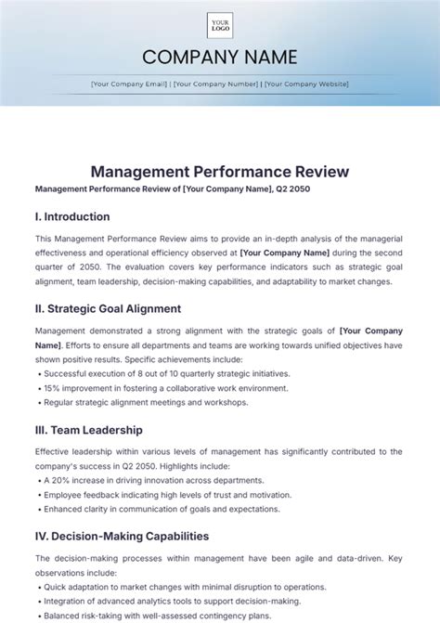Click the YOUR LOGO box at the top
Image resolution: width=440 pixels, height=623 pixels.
coord(220,25)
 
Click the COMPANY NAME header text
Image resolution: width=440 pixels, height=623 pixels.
coord(220,58)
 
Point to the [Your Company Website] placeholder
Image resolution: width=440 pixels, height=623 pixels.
coord(306,84)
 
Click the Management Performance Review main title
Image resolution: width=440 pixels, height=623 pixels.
coord(220,172)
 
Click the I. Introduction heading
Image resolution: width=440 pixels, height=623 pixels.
coord(72,216)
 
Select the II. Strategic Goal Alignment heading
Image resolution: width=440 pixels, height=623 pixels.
coord(108,308)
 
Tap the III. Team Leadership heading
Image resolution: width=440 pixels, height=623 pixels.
coord(88,430)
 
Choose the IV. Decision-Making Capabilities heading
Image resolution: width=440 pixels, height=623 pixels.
coord(122,536)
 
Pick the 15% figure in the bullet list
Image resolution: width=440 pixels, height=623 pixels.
coord(52,388)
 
